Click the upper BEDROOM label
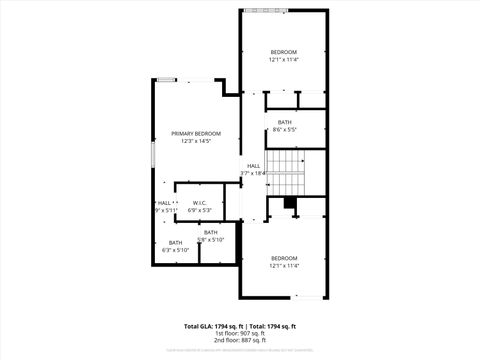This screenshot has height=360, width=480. point(284,51)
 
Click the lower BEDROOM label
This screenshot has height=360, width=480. point(284,258)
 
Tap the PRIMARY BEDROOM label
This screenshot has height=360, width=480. point(195,133)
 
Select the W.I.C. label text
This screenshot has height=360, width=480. point(200,203)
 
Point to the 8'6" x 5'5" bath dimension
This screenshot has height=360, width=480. point(284,129)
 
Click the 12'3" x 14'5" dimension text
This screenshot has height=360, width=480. point(195,141)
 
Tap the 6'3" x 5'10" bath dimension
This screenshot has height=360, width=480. point(175,250)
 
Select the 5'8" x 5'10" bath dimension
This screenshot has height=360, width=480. point(211,240)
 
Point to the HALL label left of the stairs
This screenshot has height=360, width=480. point(254,165)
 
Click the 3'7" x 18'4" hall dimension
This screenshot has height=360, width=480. point(254,173)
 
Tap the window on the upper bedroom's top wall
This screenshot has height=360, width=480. point(262,11)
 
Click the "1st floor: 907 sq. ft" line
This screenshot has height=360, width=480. point(239,333)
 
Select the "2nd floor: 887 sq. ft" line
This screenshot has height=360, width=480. point(239,340)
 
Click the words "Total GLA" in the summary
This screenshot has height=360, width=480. point(198,326)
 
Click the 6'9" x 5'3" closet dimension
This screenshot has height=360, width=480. point(200,211)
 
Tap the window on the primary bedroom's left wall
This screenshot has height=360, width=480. point(152,155)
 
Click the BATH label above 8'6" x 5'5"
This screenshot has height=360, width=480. point(284,122)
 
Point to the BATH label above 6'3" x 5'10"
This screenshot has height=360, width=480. point(175,243)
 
